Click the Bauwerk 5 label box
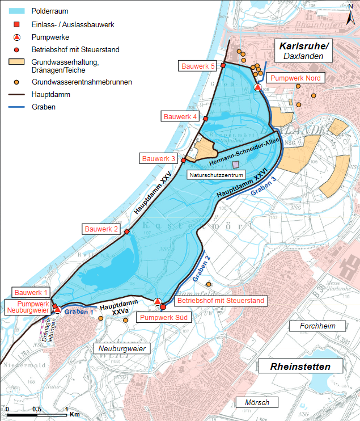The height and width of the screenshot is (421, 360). [x=197, y=66]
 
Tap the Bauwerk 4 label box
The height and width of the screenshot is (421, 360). [x=180, y=116]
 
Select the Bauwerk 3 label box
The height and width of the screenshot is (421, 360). [x=159, y=158]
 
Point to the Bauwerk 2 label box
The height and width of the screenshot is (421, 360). [x=101, y=229]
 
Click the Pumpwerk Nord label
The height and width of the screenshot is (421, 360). [x=297, y=78]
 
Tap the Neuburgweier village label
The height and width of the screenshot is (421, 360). [x=122, y=348]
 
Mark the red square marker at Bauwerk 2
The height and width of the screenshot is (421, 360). [x=127, y=231]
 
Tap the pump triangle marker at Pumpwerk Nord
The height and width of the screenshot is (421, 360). [x=257, y=87]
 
